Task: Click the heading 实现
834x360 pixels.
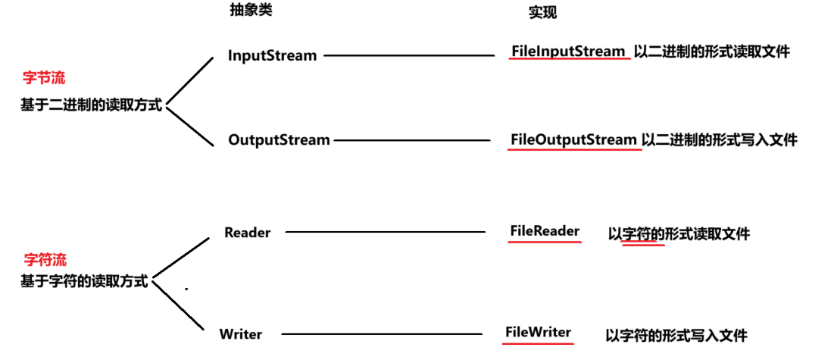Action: [542, 14]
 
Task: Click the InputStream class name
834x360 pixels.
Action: [272, 55]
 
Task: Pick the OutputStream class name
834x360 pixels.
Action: [279, 139]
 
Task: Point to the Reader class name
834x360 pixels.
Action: [247, 233]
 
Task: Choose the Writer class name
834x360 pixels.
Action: [241, 333]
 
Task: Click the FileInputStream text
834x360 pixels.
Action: [569, 52]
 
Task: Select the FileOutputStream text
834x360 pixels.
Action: [573, 139]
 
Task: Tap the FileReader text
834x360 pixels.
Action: [545, 231]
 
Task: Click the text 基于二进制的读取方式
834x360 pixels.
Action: [92, 105]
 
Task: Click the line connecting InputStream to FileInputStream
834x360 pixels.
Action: [409, 55]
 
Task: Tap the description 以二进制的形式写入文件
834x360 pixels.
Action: [719, 139]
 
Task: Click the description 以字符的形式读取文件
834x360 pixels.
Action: [679, 234]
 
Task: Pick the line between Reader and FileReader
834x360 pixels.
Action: [384, 232]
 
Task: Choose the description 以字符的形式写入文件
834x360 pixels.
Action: [676, 334]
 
